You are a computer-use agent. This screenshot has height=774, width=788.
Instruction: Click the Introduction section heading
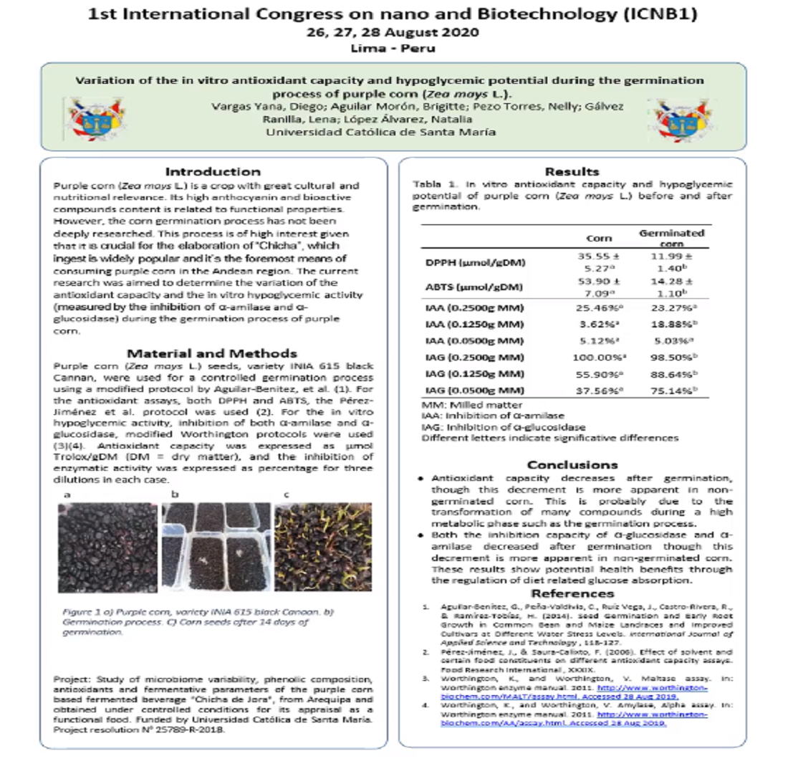click(x=213, y=172)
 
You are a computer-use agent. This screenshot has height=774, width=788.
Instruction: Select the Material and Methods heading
click(x=213, y=353)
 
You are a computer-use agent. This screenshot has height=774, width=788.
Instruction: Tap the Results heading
click(x=572, y=172)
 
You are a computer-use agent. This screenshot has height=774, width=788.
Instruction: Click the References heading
click(x=572, y=594)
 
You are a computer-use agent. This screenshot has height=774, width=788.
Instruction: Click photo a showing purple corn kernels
click(x=107, y=548)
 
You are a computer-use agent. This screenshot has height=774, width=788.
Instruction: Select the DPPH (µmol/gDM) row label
click(x=467, y=263)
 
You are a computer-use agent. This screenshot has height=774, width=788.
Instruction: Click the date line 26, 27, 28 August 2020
click(x=393, y=32)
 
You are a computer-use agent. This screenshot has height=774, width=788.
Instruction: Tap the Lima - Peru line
click(x=393, y=49)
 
